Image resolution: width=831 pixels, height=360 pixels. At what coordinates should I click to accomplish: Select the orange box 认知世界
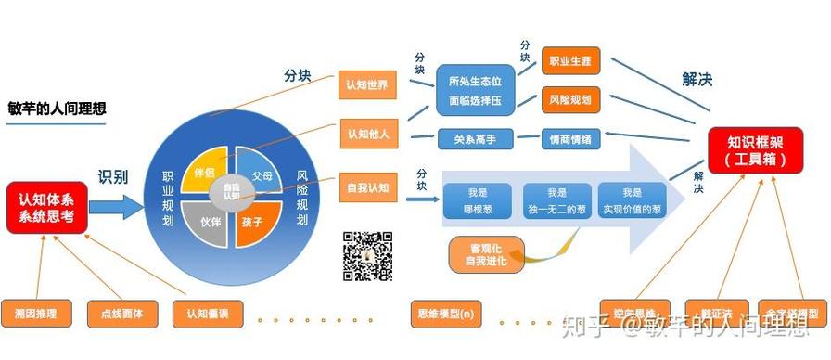(x=366, y=85)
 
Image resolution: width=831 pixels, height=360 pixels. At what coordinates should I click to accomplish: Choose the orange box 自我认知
(x=366, y=188)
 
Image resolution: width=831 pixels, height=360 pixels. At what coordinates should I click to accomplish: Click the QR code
(x=367, y=256)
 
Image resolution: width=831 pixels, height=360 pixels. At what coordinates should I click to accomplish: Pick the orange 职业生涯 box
(x=570, y=61)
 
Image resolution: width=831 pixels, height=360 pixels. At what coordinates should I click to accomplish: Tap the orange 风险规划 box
(x=570, y=99)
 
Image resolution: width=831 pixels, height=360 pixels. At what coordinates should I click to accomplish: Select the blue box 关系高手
(x=475, y=139)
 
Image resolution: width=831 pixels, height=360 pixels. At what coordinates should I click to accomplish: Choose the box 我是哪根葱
(x=477, y=199)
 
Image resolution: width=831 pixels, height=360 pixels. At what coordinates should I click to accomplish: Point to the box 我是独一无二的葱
(x=556, y=199)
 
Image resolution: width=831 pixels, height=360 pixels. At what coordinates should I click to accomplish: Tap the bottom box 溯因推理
(x=37, y=314)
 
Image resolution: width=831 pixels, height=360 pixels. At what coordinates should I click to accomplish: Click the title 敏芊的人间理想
(x=54, y=106)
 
